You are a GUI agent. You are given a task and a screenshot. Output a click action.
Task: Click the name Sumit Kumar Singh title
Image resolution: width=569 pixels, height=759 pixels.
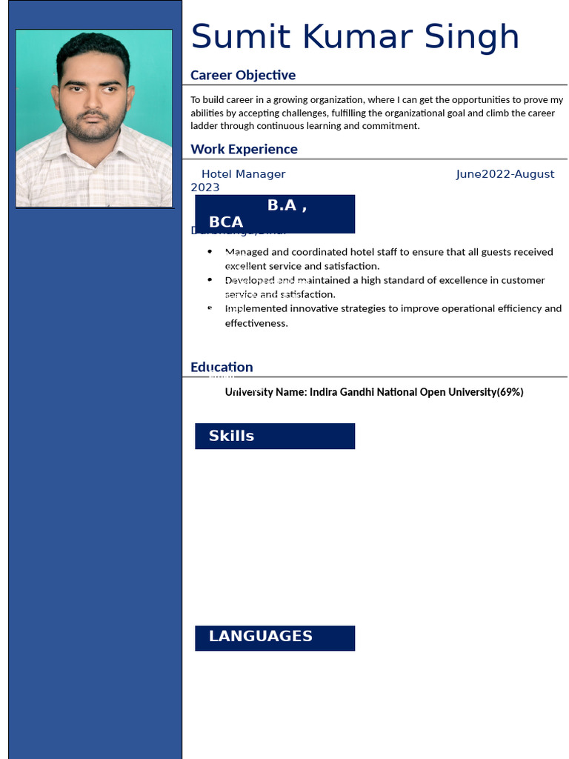coord(355,38)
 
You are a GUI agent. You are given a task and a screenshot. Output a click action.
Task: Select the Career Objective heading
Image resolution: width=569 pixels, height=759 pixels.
coord(243,75)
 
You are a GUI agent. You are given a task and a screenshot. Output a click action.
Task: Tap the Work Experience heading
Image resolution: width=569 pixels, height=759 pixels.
coord(244,149)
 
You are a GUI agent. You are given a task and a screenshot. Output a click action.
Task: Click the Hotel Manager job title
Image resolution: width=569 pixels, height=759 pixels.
coord(243,174)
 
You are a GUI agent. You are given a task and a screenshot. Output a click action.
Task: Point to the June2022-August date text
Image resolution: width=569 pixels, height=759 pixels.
coord(505,174)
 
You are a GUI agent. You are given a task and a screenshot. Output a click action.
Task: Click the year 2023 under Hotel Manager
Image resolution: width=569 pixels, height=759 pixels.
coord(205,188)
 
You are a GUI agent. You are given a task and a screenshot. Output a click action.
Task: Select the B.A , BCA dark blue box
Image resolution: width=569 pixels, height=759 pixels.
coord(275,213)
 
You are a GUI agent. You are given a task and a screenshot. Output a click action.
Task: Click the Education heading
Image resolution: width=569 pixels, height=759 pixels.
coord(222,367)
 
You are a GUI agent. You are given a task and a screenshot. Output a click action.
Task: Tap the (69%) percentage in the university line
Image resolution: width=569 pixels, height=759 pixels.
coord(510,392)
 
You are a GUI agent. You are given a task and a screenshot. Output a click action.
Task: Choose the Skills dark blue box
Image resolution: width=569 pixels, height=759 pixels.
coord(275,436)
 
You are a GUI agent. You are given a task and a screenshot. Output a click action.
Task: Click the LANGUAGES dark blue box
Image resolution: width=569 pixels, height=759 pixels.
coord(275,637)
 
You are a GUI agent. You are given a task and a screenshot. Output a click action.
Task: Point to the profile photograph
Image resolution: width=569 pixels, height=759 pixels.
coord(94,119)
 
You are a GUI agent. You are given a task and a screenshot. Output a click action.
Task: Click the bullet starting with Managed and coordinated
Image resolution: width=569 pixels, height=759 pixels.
coord(388,259)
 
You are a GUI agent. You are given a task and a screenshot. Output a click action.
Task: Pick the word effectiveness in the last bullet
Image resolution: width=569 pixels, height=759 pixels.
coord(256,323)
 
